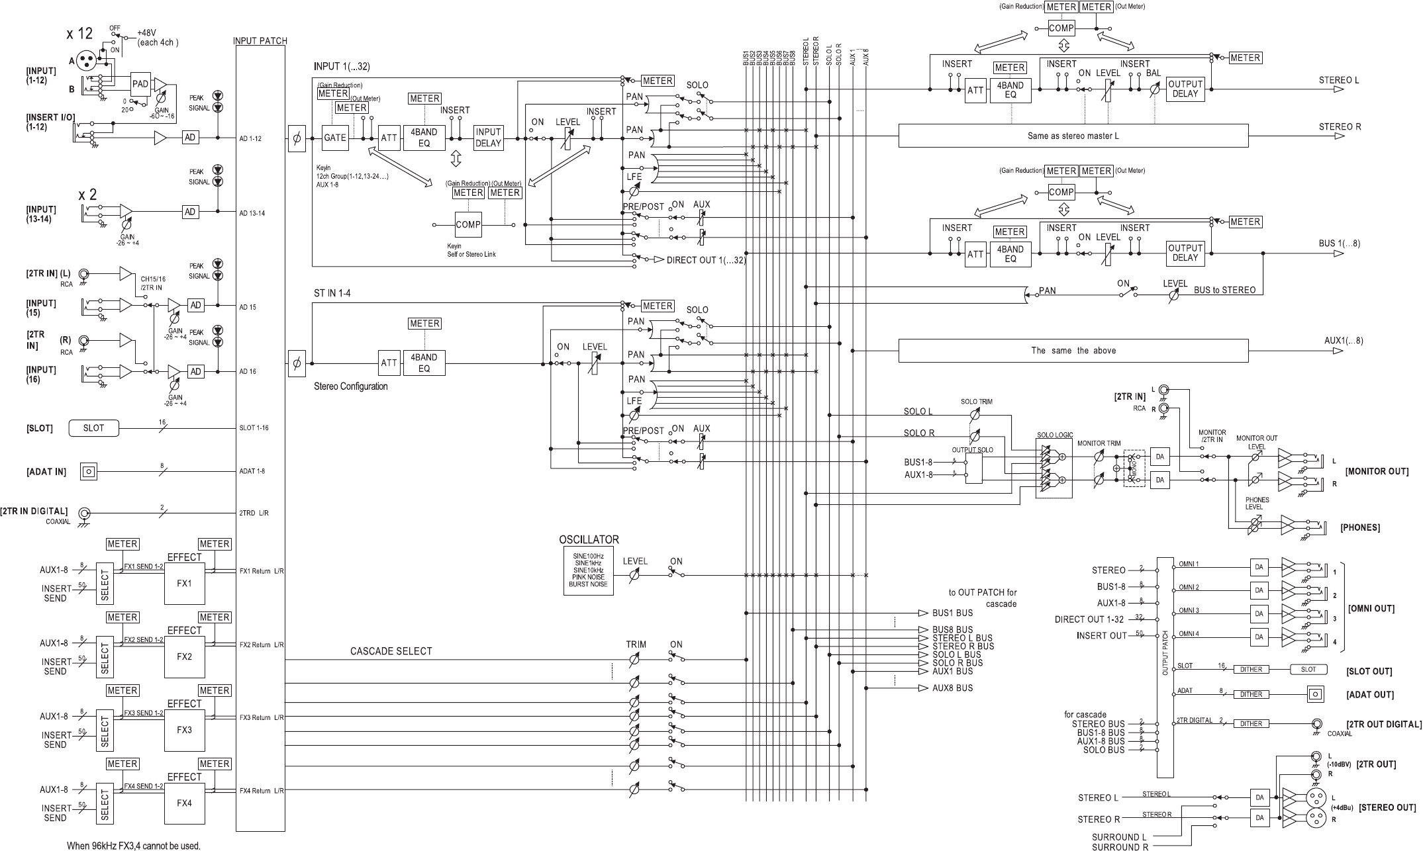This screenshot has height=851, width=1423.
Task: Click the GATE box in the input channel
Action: (335, 138)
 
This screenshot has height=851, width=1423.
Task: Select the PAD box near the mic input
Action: (140, 84)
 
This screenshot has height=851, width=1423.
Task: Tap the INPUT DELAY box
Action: (488, 138)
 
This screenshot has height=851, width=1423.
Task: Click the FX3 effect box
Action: (184, 729)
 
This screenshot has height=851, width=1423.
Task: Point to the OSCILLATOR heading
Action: (589, 539)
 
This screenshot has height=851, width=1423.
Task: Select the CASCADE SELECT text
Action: (391, 651)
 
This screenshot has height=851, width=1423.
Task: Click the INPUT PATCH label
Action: (260, 40)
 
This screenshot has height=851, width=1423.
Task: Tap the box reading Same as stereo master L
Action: (1073, 136)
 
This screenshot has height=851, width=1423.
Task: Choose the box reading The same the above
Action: (1073, 350)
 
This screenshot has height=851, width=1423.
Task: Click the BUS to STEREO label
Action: (1224, 290)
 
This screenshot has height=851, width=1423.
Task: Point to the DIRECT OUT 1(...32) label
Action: (706, 260)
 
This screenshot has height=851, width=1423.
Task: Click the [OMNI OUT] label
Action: (1371, 608)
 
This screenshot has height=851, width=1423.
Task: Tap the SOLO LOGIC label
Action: (1054, 435)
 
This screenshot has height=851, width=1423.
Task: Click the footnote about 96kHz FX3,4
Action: (133, 845)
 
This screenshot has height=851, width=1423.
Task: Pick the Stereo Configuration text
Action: (350, 386)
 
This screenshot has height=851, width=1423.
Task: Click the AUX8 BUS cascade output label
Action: (952, 688)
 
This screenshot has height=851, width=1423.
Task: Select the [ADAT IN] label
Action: (46, 472)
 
